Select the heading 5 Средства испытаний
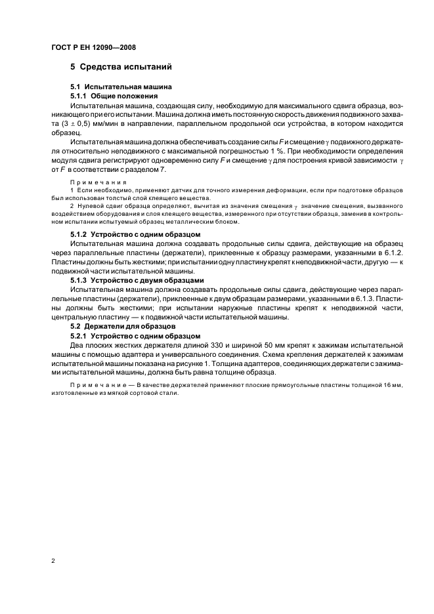click(121, 66)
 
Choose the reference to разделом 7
click(148, 170)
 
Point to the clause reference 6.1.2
click(393, 253)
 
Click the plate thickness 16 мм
click(392, 386)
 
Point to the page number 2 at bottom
click(53, 562)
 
